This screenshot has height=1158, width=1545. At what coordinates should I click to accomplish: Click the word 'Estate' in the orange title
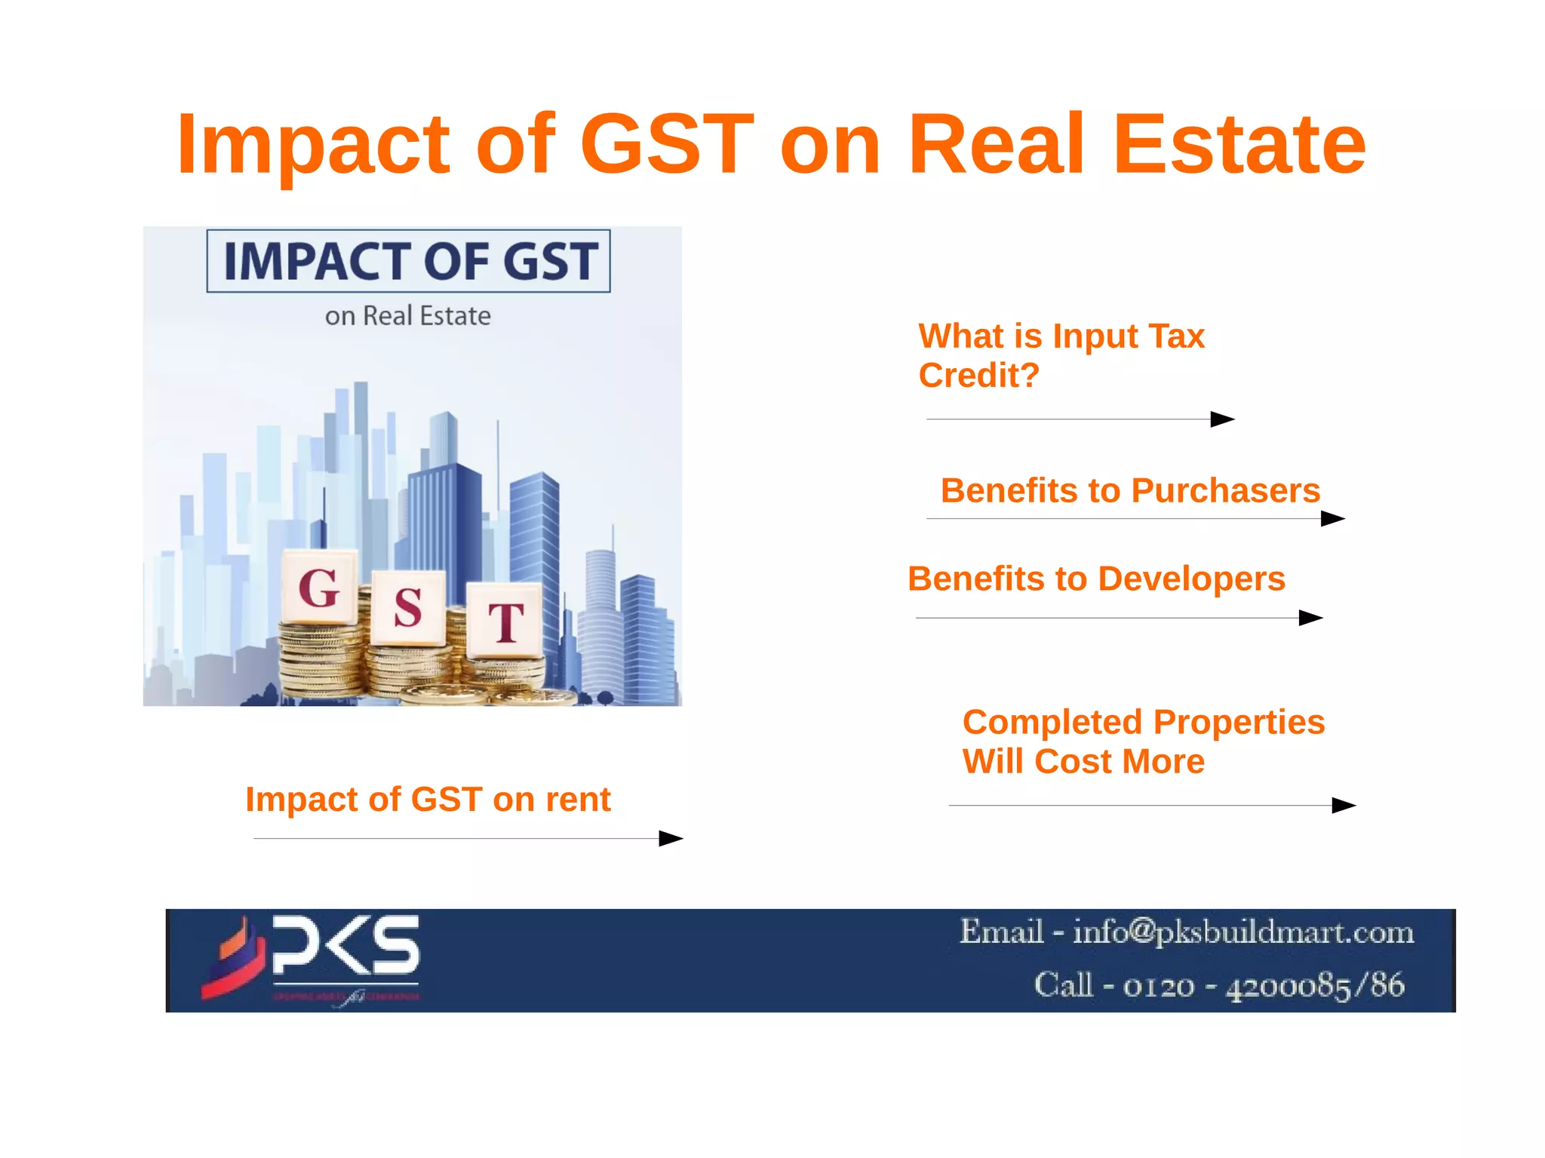[x=1239, y=143]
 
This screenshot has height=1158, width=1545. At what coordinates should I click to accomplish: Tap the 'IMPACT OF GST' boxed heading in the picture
[x=409, y=261]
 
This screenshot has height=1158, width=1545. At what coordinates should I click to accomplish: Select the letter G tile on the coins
[x=319, y=588]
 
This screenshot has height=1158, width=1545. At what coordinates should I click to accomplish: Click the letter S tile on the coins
[x=408, y=607]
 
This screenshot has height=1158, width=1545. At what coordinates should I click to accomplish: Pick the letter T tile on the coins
[x=505, y=621]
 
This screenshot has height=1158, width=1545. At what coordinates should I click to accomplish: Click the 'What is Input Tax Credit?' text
[x=1061, y=355]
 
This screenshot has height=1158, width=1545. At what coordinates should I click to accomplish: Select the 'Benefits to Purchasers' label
[x=1130, y=490]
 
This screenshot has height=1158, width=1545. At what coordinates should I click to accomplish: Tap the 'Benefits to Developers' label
[x=1096, y=579]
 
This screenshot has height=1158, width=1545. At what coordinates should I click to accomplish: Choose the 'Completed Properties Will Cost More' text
[x=1143, y=742]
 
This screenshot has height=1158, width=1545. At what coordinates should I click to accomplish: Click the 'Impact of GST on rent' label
[x=428, y=799]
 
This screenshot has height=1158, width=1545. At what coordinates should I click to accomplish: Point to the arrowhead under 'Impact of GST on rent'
[x=671, y=838]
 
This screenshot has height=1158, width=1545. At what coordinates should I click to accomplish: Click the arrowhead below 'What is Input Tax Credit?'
[x=1222, y=419]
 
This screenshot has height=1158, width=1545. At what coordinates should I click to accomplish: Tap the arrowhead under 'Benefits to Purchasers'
[x=1333, y=518]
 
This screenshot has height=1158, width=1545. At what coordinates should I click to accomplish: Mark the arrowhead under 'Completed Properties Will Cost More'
[x=1344, y=805]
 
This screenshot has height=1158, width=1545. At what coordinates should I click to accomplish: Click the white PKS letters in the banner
[x=346, y=945]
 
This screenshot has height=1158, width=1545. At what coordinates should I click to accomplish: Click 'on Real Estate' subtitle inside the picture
[x=408, y=315]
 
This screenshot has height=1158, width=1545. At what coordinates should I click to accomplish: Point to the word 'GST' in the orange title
[x=667, y=143]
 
